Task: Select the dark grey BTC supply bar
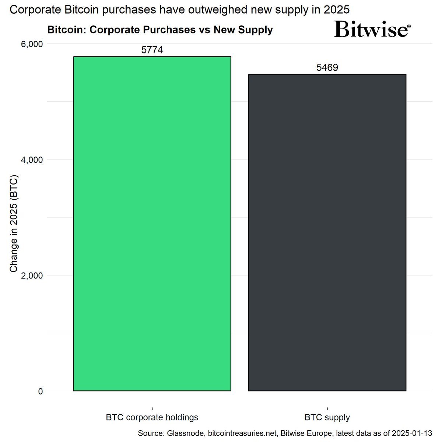click(327, 232)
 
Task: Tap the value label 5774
click(152, 50)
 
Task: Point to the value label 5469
click(327, 68)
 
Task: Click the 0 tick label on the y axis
click(40, 391)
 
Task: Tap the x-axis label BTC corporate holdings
click(152, 417)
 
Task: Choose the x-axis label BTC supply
click(327, 417)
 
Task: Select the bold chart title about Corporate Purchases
click(160, 29)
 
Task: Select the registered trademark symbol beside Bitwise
click(408, 27)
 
